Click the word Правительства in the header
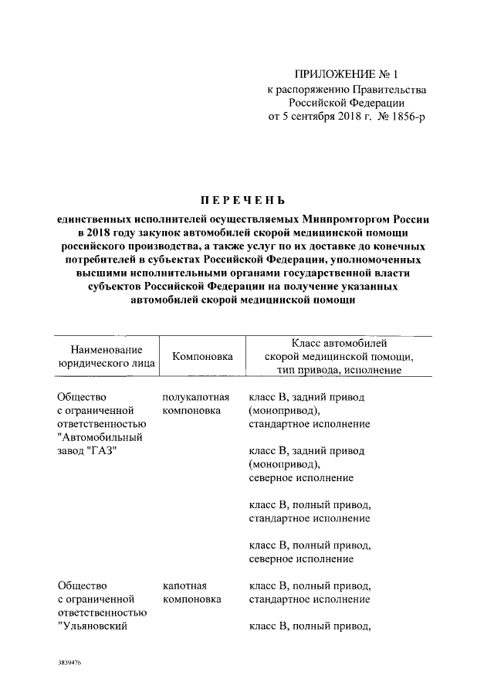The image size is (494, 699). click(x=384, y=89)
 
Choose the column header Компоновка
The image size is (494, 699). click(x=202, y=357)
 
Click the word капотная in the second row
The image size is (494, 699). click(x=184, y=585)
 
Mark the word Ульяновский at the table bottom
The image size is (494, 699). click(x=94, y=627)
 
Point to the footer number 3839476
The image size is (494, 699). click(x=69, y=663)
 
